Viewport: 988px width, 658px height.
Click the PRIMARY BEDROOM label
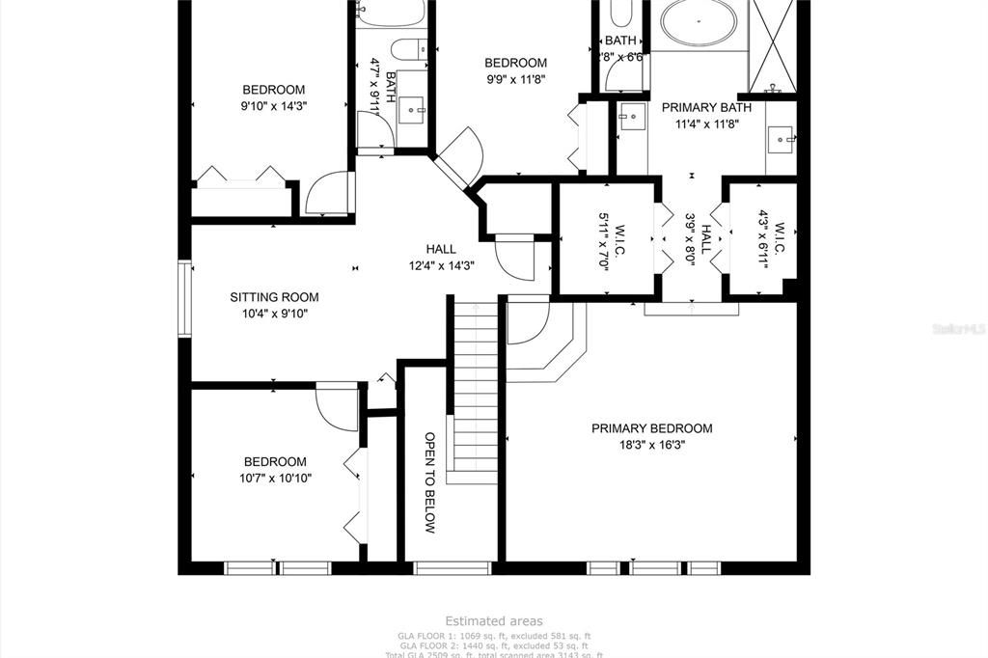coord(651,428)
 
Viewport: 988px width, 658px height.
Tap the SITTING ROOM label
coord(274,297)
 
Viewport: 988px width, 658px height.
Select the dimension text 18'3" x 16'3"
coord(651,445)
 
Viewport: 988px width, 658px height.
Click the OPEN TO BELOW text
coord(430,482)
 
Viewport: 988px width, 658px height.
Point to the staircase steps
coord(474,386)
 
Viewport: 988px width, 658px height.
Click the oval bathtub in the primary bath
coord(699,24)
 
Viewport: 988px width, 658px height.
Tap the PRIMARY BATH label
coord(700,107)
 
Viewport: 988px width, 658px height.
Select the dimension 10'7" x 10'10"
coord(274,478)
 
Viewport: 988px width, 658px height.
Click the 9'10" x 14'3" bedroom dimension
coord(273,106)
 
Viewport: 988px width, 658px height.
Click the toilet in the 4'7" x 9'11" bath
coord(409,47)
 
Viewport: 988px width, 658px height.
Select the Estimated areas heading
coord(493,621)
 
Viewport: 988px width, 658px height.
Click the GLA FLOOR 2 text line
coord(493,645)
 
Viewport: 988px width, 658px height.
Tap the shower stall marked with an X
coord(772,45)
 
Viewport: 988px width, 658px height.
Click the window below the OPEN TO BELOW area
coord(452,567)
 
